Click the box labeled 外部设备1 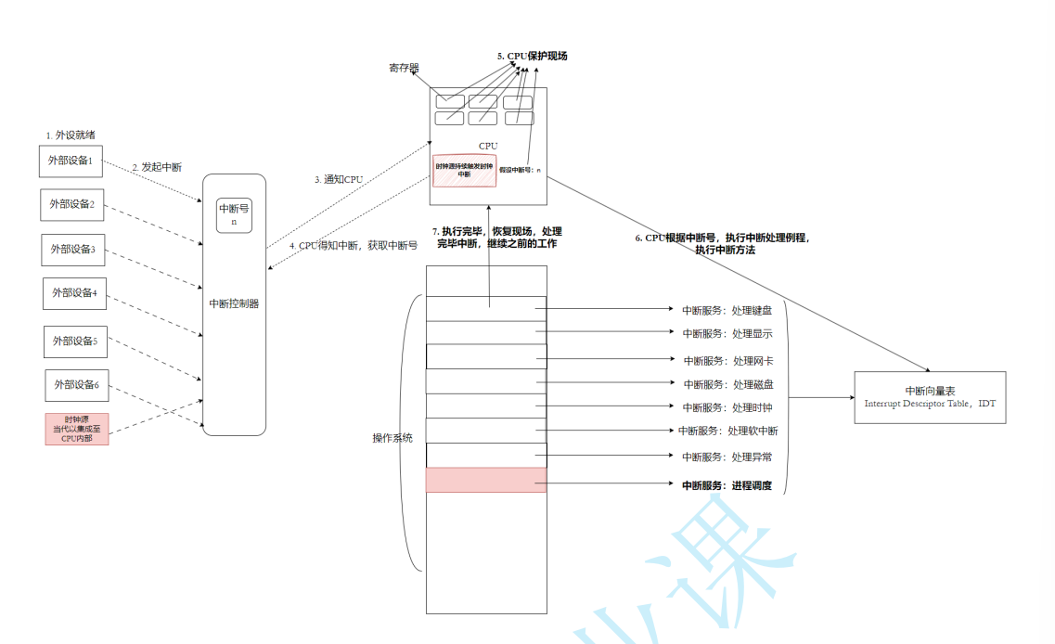(x=71, y=161)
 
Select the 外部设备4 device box (x=75, y=293)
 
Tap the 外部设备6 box (x=77, y=385)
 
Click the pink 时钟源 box (x=77, y=429)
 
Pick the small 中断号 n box (x=234, y=215)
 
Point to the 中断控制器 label (x=234, y=303)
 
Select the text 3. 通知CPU (x=340, y=179)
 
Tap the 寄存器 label (x=404, y=68)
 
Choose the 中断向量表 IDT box (x=930, y=397)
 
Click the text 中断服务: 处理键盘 (x=727, y=311)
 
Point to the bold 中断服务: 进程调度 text (x=727, y=485)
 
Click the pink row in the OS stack (x=486, y=480)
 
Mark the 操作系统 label (x=392, y=437)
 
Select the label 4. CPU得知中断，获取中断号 (x=352, y=246)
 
